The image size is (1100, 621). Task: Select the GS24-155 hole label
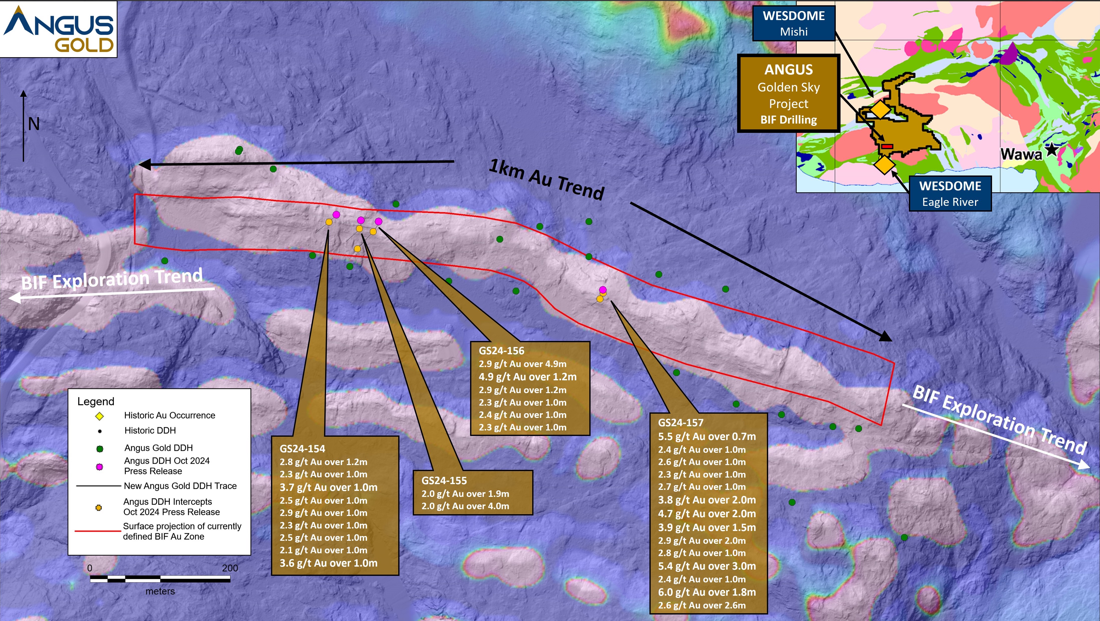[444, 480]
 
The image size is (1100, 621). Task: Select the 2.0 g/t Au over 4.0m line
[465, 506]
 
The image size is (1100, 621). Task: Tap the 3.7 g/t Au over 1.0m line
[328, 487]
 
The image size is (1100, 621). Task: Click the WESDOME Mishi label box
[793, 24]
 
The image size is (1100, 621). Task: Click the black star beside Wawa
[1051, 150]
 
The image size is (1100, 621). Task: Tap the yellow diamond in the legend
[99, 416]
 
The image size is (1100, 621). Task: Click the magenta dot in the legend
[99, 467]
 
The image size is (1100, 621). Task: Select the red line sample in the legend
[98, 531]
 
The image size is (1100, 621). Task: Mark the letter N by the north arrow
[34, 124]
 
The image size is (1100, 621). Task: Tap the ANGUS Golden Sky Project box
[789, 93]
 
